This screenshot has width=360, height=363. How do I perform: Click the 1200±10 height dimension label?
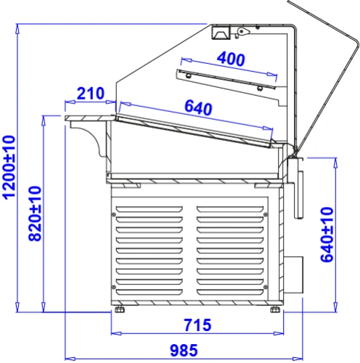click(9, 168)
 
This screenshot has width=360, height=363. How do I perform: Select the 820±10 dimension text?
click(36, 213)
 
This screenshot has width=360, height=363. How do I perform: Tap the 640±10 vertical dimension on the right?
click(327, 234)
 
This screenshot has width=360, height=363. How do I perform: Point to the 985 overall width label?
click(184, 350)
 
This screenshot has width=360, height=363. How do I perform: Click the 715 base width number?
click(197, 325)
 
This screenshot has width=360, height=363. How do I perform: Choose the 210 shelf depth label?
click(91, 93)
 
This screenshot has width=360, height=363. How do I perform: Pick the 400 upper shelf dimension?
click(231, 59)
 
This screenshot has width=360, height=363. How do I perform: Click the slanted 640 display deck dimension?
click(198, 107)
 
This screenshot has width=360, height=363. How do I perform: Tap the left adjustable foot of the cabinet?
click(119, 309)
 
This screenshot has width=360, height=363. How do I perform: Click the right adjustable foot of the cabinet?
click(275, 309)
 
